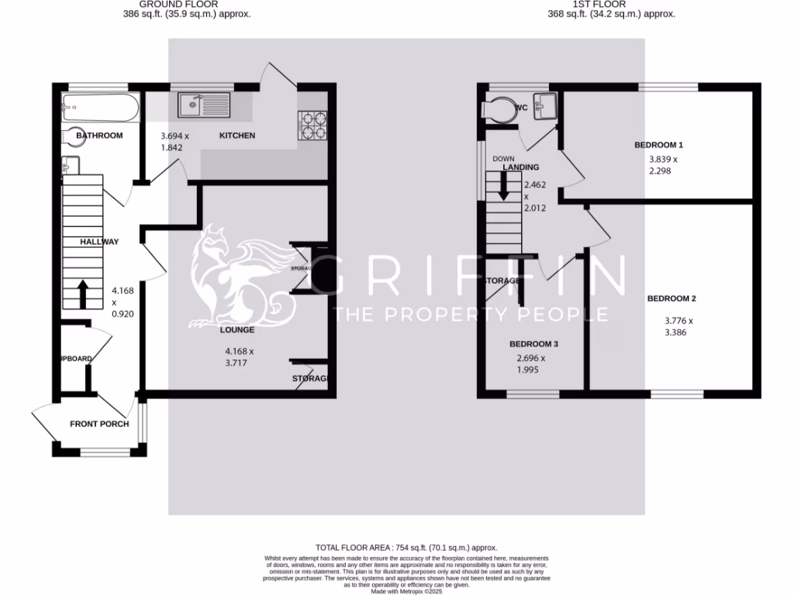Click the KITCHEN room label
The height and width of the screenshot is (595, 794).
(237, 136)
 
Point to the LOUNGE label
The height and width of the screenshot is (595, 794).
(237, 330)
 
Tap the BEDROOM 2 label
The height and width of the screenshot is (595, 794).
(672, 299)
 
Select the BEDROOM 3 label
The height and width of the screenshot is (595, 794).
(534, 344)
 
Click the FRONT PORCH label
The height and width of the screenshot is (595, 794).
(99, 424)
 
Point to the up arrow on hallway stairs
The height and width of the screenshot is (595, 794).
(82, 294)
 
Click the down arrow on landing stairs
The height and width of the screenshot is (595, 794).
(503, 186)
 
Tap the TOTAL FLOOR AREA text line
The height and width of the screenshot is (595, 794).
(406, 548)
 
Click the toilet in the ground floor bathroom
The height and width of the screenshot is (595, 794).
(76, 136)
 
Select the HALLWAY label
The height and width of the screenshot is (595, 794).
(99, 242)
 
